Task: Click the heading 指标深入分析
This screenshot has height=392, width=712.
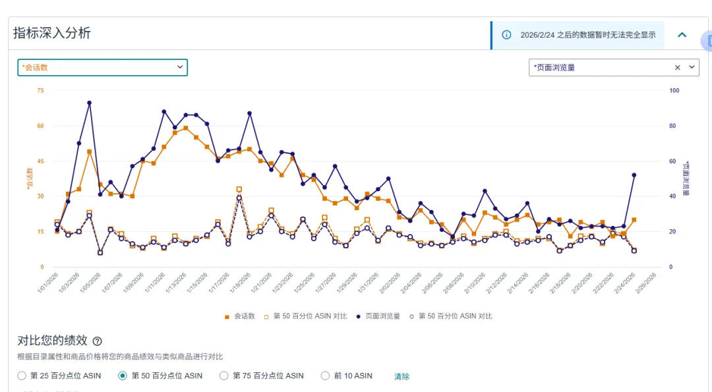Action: click(52, 33)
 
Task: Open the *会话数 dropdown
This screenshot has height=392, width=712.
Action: click(102, 67)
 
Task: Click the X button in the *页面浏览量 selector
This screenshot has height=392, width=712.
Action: click(678, 67)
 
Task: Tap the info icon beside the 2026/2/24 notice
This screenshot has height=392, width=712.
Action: click(506, 35)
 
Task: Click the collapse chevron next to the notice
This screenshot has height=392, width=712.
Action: click(682, 35)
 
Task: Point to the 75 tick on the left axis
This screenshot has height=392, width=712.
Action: click(40, 90)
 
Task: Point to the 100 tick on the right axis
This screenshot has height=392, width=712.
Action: click(674, 90)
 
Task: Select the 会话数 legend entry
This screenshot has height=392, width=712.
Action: click(240, 316)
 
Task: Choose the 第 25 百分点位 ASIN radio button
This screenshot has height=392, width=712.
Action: click(22, 376)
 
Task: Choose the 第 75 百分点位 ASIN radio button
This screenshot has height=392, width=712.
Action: click(224, 376)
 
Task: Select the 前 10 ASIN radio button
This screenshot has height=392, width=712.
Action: click(325, 376)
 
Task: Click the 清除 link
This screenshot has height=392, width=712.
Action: click(401, 376)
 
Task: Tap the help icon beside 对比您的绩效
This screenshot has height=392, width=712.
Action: click(98, 341)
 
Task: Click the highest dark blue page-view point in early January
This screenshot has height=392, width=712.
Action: click(89, 103)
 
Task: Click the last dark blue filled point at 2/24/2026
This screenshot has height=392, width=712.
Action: click(634, 175)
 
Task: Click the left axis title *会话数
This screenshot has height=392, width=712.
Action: click(29, 179)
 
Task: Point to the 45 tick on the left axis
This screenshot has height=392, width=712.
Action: click(40, 161)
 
